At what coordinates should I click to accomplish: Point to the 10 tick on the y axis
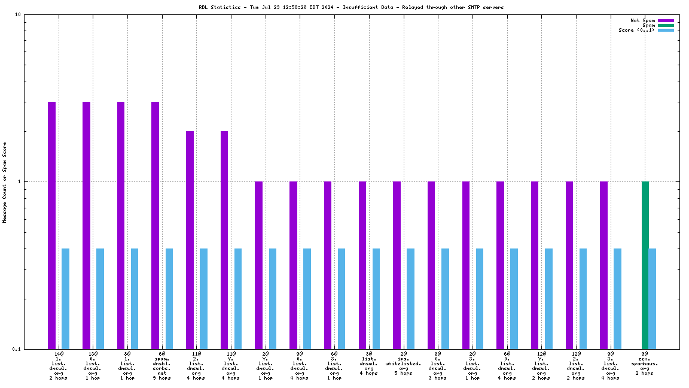pos(18,15)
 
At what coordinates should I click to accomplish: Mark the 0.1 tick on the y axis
pos(17,349)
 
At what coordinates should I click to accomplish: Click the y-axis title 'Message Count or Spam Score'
pos(5,182)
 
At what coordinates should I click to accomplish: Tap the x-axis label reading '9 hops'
pos(161,378)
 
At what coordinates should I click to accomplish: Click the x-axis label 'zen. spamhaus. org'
pos(645,363)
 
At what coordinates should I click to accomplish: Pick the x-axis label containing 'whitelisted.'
pos(403,363)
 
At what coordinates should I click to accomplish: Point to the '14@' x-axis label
pos(59,354)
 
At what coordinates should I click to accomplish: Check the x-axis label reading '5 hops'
pos(403,373)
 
